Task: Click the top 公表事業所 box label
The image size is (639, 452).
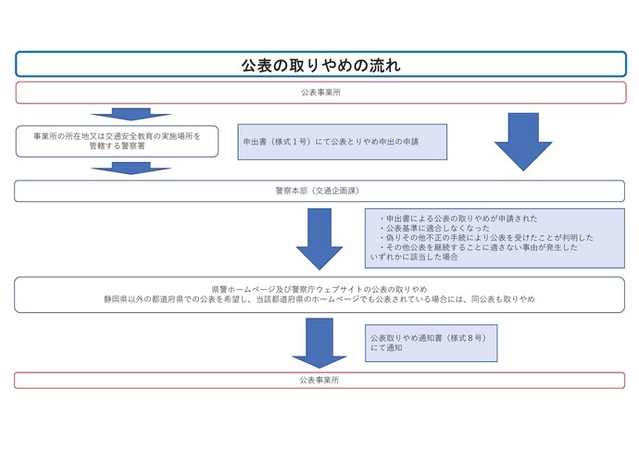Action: click(320, 93)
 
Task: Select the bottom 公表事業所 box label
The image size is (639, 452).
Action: click(320, 380)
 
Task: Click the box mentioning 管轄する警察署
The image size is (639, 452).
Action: click(117, 141)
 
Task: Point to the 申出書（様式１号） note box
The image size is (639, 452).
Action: click(343, 142)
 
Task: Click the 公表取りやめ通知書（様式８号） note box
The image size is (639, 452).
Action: click(432, 342)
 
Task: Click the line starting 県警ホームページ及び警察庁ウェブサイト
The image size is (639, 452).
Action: click(319, 289)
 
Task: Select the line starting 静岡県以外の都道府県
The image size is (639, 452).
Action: click(319, 300)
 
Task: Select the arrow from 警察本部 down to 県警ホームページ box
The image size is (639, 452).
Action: click(319, 238)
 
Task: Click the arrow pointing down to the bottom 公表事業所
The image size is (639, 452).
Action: click(319, 342)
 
